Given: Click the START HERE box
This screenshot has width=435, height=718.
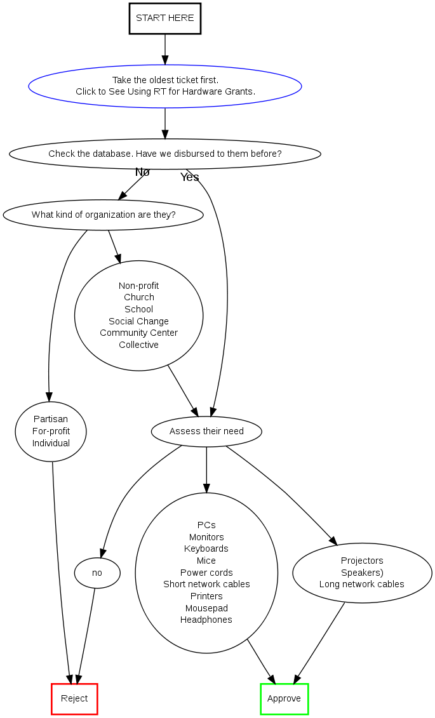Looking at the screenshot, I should click(165, 18).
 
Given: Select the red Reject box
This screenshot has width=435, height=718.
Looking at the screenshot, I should click(74, 699).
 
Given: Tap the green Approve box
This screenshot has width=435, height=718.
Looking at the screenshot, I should click(284, 699).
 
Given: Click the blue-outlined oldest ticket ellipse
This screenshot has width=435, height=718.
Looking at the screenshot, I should click(165, 86).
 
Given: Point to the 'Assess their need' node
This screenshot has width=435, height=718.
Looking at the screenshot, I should click(206, 432).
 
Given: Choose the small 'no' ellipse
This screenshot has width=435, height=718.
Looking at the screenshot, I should click(97, 573).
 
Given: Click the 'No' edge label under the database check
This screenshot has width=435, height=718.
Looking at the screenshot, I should click(142, 172).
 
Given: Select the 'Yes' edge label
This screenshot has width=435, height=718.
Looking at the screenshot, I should click(189, 177).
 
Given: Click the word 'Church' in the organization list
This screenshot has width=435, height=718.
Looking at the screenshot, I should click(139, 297).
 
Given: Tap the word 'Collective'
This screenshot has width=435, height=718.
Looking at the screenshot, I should click(139, 345).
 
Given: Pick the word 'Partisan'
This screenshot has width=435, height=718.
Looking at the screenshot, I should click(51, 419).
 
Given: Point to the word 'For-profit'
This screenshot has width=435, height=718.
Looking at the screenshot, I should click(51, 431).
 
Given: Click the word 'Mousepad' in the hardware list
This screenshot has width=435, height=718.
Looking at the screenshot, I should click(206, 608).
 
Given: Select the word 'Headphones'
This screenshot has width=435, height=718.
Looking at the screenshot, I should click(206, 620).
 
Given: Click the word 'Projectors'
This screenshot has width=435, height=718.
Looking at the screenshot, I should click(362, 561).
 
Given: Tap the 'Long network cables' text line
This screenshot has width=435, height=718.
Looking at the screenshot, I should click(362, 584).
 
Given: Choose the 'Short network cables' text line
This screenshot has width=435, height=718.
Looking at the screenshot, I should click(206, 584).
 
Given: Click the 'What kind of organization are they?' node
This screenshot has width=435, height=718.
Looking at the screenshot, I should click(104, 215).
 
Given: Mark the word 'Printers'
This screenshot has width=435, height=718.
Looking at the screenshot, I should click(206, 596).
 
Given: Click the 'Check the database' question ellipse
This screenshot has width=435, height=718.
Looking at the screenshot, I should click(165, 154).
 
